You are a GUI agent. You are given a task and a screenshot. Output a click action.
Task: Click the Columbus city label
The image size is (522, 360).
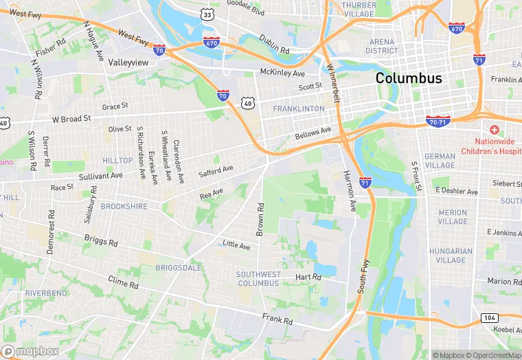tap(409, 78)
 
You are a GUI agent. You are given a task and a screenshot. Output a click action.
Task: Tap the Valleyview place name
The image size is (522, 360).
tap(128, 62)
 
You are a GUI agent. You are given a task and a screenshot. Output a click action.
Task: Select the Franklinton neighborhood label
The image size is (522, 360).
tap(298, 109)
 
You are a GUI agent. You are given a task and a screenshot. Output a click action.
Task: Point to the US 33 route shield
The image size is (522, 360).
tap(207, 14)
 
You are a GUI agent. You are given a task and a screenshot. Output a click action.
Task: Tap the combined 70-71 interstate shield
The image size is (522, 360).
tap(438, 121)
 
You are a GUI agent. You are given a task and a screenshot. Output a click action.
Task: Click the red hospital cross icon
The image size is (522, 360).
tap(494, 130)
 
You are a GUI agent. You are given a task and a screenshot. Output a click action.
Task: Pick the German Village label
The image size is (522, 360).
tap(440, 161)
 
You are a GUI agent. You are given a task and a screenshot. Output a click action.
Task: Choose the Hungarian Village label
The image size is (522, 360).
tap(451, 256)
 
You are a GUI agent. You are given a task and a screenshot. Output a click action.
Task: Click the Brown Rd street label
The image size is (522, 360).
tap(260, 219)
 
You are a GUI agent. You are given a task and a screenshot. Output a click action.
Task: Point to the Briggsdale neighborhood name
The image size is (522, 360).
tap(179, 267)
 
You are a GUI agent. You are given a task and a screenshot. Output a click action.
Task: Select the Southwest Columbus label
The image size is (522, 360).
tap(258, 279)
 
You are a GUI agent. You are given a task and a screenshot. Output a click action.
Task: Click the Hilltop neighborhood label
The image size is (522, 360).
tap(117, 160)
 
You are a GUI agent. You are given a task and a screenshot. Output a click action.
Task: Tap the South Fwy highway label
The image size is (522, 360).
tap(363, 276)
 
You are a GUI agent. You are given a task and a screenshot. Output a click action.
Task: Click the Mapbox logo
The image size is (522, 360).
tap(32, 351)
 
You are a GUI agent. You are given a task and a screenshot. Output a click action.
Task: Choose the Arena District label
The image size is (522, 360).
tap(382, 46)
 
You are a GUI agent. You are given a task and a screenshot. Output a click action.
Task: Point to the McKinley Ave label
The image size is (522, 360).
tap(282, 73)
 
